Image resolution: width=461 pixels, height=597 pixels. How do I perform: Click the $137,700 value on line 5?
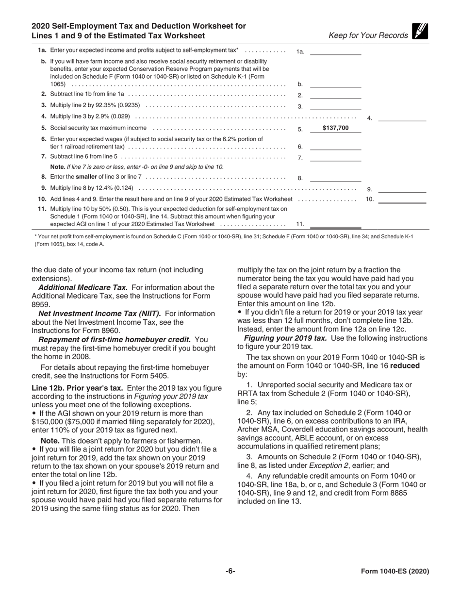coord(335,128)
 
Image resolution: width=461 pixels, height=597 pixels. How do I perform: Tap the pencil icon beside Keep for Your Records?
coord(420,32)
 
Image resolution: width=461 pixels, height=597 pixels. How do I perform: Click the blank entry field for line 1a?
coord(335,51)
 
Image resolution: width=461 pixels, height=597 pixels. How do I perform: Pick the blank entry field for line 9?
coord(402,189)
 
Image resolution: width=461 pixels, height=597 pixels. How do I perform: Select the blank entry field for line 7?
coord(335,157)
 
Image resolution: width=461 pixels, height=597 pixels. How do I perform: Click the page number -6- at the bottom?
coord(230,571)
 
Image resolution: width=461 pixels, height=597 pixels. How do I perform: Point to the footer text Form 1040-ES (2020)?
coord(395,571)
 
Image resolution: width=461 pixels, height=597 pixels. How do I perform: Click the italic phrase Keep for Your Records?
coord(368,35)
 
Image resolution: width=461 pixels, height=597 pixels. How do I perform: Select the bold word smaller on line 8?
coord(76,177)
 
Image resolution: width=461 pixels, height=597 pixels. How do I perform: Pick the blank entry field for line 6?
coord(335,146)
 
